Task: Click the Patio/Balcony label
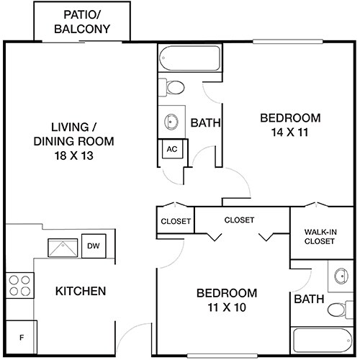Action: tap(82, 22)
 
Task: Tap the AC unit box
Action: tap(172, 149)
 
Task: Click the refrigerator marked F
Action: tap(22, 337)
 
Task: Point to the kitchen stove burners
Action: tap(21, 286)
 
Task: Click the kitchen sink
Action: tap(62, 248)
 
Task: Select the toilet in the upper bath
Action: tap(173, 88)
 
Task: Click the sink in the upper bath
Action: tap(172, 121)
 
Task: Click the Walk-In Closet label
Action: tap(320, 236)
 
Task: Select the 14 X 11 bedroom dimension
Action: tap(290, 133)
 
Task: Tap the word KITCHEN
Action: tap(81, 292)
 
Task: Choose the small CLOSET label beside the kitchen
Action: tap(176, 221)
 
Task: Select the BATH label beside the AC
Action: tap(204, 124)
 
